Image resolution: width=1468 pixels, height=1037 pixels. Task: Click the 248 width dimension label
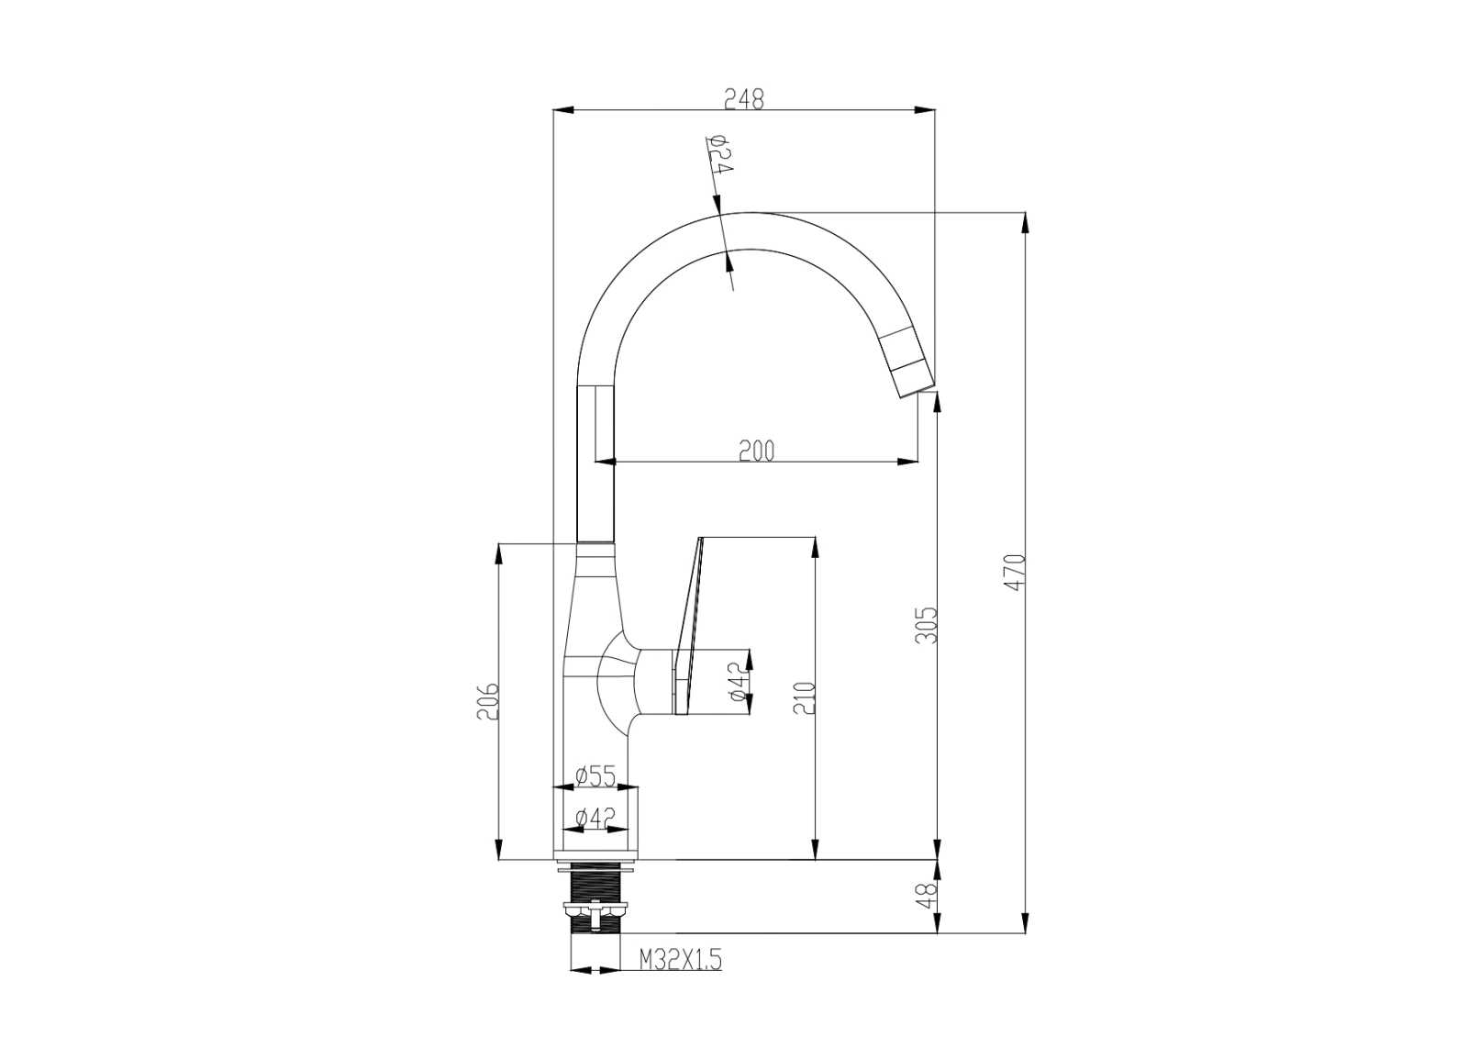click(744, 99)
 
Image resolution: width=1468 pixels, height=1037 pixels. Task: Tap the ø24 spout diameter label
click(719, 155)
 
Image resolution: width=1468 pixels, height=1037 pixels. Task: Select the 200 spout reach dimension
click(756, 451)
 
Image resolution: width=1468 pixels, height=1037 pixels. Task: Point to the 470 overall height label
click(1015, 572)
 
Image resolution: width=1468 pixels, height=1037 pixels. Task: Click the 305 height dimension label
click(927, 625)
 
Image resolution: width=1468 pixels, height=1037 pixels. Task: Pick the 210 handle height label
click(805, 697)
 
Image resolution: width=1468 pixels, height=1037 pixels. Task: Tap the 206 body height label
click(487, 701)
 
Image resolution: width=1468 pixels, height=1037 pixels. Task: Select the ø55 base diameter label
click(595, 776)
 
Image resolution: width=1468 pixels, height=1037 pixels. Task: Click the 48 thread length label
click(928, 896)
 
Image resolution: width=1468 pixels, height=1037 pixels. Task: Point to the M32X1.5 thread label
click(680, 960)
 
